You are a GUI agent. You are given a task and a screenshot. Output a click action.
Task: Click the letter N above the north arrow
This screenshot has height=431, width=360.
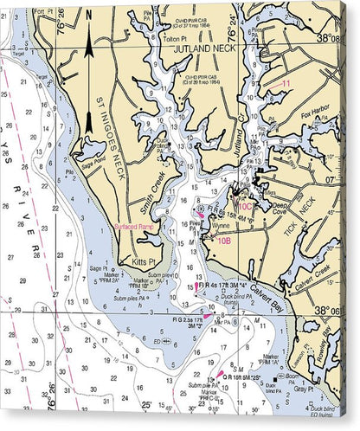pyautogui.click(x=89, y=15)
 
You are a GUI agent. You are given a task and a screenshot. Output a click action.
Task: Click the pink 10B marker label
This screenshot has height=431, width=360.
pyautogui.click(x=223, y=241)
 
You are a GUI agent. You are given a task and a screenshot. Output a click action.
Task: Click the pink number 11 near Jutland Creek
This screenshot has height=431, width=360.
pyautogui.click(x=285, y=83)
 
